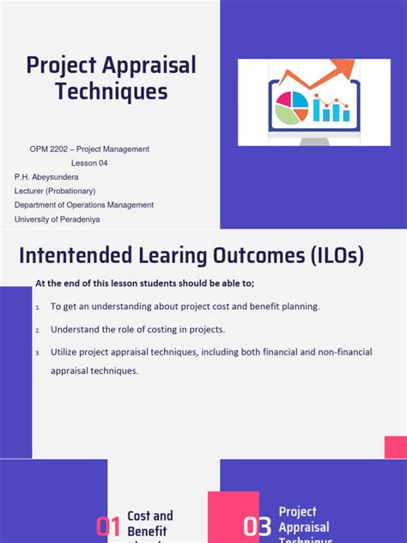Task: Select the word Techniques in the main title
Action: point(112,92)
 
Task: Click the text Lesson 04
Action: point(89,163)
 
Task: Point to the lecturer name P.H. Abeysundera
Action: point(51,177)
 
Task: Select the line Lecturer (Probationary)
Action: point(55,191)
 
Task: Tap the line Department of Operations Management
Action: point(84,205)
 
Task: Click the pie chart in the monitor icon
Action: point(291,107)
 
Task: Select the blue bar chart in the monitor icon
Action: point(330,109)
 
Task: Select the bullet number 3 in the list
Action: point(38,353)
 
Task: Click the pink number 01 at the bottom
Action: point(108,527)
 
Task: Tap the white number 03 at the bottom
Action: point(257,527)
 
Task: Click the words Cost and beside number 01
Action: point(150,516)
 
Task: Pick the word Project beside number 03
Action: point(298,512)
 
